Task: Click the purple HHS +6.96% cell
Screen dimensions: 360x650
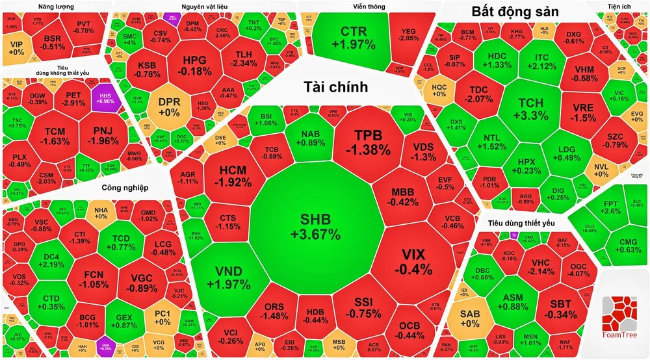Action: pos(105,97)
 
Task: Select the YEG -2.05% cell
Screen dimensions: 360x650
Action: pos(409,34)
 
